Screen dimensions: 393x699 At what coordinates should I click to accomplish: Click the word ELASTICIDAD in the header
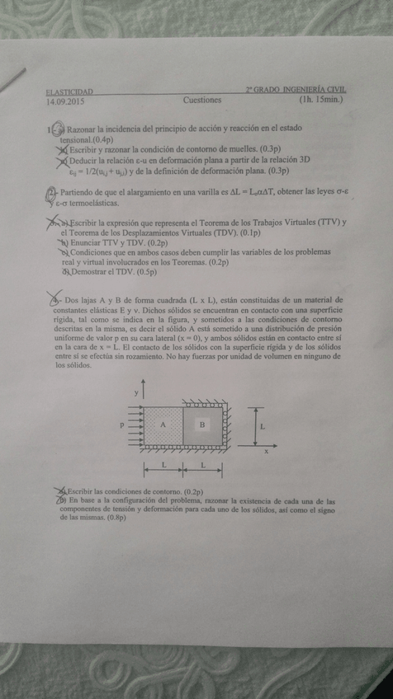70,91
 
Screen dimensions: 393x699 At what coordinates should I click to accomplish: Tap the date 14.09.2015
66,101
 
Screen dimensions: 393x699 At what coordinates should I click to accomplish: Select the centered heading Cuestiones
202,101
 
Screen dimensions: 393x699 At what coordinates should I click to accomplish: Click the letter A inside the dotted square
163,424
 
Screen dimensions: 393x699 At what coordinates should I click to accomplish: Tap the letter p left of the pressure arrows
121,424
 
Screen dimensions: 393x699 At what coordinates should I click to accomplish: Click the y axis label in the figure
136,394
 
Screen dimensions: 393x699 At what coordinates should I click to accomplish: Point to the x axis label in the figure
266,452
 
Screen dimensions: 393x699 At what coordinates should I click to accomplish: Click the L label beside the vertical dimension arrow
263,427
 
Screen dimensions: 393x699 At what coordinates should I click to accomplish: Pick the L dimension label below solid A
163,467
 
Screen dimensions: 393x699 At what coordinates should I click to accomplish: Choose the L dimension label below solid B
203,467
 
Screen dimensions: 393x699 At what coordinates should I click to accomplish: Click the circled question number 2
51,192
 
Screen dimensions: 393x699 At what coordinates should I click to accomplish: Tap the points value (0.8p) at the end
114,518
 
